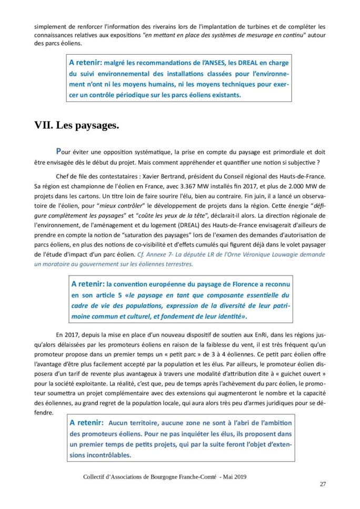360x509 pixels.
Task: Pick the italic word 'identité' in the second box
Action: (228, 317)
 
